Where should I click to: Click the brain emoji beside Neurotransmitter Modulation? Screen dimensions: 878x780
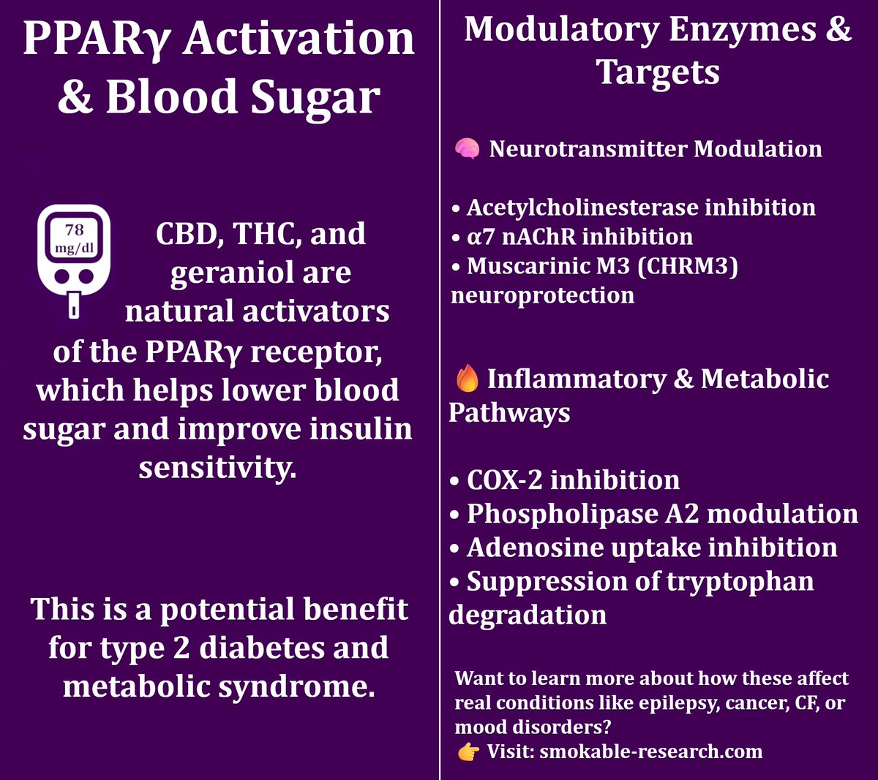click(467, 149)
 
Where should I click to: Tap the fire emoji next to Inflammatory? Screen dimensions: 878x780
click(468, 379)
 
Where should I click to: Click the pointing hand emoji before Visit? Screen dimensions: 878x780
click(468, 751)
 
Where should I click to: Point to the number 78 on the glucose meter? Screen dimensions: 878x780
click(74, 230)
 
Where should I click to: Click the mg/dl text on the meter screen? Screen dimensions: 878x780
click(74, 248)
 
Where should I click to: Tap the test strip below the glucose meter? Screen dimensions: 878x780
click(74, 306)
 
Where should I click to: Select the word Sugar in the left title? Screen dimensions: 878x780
click(316, 98)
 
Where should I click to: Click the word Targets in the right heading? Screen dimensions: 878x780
click(658, 72)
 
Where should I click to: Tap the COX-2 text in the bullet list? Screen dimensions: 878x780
click(504, 480)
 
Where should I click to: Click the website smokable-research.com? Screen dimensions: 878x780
click(651, 751)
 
